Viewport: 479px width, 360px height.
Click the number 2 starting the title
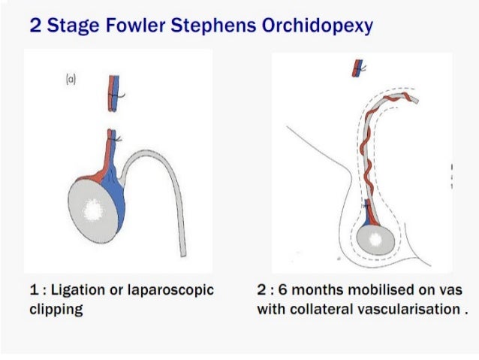pos(35,27)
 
